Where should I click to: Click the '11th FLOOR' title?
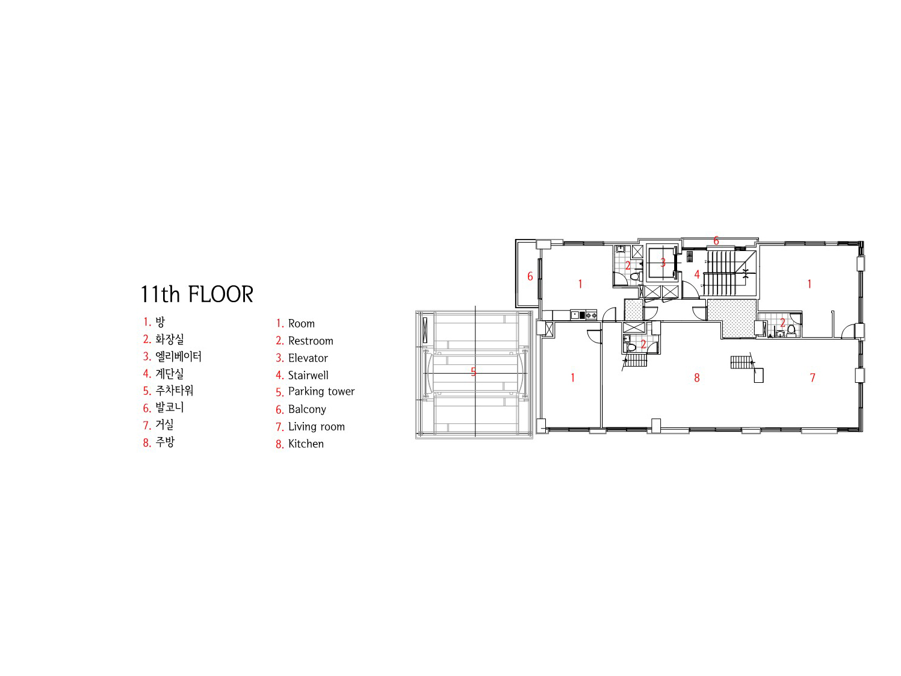click(x=197, y=294)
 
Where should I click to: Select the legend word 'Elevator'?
click(x=308, y=358)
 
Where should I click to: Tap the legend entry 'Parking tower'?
click(x=321, y=391)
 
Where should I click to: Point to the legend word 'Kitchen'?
click(x=306, y=444)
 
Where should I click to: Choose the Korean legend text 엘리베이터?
click(x=178, y=356)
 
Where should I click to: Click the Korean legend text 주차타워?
click(x=174, y=390)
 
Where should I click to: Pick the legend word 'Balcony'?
click(x=307, y=409)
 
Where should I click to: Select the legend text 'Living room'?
click(x=317, y=426)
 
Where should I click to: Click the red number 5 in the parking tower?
click(x=473, y=372)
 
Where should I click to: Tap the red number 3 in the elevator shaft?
click(x=663, y=262)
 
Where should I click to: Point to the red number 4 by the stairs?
click(x=696, y=274)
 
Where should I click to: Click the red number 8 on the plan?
click(x=696, y=377)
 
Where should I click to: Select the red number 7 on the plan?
click(x=813, y=377)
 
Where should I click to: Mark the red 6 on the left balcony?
click(x=530, y=276)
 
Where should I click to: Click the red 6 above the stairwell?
click(x=716, y=241)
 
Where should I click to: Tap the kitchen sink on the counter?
click(x=575, y=315)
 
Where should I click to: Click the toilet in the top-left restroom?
click(x=634, y=276)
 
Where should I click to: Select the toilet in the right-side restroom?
click(x=791, y=330)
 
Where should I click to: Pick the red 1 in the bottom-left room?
click(x=572, y=377)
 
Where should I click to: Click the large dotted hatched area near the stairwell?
click(x=732, y=318)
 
